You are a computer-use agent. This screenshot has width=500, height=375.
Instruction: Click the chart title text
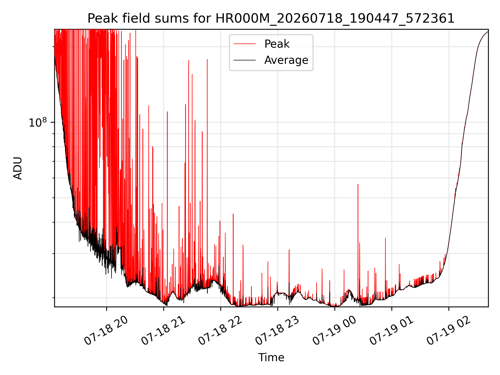click(x=271, y=18)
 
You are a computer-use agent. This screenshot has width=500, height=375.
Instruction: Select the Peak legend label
click(x=277, y=44)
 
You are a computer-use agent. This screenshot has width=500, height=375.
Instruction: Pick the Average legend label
click(x=286, y=60)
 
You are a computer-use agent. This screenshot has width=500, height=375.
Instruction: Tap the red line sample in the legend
click(x=245, y=44)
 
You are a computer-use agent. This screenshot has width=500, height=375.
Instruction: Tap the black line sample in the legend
click(x=245, y=60)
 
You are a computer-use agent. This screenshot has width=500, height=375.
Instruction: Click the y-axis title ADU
click(x=18, y=168)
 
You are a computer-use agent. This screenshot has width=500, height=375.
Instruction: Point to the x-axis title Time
click(x=271, y=357)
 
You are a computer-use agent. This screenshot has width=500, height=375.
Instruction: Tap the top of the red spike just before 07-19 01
click(x=385, y=238)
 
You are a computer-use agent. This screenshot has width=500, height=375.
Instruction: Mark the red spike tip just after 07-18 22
click(x=233, y=214)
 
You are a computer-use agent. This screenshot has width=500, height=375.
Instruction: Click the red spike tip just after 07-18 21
click(x=167, y=112)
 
